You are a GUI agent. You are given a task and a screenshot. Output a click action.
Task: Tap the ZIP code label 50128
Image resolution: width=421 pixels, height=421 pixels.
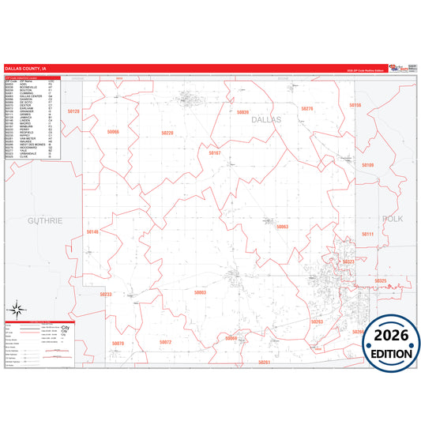[x=73, y=112]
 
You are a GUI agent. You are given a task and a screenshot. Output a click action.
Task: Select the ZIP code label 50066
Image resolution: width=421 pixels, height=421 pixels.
[x=112, y=131]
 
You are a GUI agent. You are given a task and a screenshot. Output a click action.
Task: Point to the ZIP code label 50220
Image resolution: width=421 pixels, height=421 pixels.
[x=167, y=133]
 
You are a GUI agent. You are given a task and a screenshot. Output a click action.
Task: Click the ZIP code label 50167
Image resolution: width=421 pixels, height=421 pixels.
[x=214, y=152]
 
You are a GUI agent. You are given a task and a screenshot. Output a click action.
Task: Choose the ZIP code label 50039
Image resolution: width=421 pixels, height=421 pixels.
[x=242, y=113]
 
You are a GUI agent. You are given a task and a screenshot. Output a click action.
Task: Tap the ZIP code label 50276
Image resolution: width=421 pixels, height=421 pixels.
[x=307, y=109]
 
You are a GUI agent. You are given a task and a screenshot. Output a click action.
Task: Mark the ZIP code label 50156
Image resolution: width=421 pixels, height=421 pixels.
[x=355, y=105]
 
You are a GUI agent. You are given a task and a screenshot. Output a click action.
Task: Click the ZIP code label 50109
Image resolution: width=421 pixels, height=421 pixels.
[x=368, y=165]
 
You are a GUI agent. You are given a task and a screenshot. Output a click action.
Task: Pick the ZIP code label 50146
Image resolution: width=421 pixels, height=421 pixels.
[x=93, y=232]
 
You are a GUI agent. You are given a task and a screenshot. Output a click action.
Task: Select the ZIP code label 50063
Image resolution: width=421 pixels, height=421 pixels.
[x=282, y=227]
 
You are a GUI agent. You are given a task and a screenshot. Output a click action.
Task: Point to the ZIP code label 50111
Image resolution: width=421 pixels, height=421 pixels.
[x=368, y=235]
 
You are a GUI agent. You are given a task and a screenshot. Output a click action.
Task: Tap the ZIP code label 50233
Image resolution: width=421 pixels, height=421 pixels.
[x=106, y=294]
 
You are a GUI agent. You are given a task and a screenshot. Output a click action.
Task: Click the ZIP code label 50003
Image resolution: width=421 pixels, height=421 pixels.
[x=200, y=292]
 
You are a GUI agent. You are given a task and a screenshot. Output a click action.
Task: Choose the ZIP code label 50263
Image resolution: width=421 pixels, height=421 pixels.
[x=317, y=321]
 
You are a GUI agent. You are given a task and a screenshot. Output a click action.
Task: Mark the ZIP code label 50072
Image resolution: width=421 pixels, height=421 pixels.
[x=165, y=342]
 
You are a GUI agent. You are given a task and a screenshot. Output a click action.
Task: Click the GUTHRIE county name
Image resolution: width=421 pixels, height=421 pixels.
[x=44, y=220]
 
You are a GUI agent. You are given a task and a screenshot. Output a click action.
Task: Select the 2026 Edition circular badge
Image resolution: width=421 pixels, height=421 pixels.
[x=392, y=344]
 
